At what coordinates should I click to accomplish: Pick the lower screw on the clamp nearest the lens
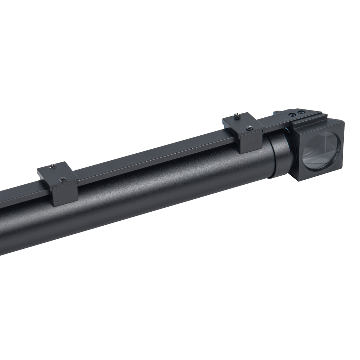pyautogui.click(x=248, y=127)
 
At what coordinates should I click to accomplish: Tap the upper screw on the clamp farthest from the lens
pyautogui.click(x=53, y=166)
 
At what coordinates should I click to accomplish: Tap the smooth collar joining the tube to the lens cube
pyautogui.click(x=281, y=155)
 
